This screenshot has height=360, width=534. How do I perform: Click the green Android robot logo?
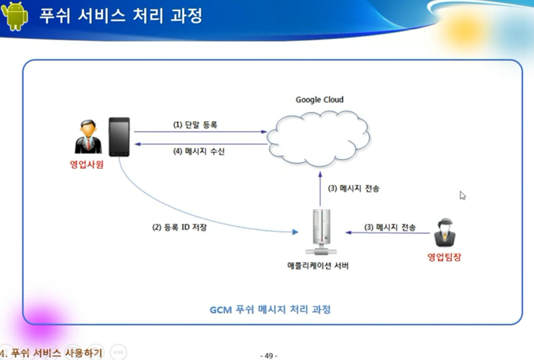(x=14, y=16)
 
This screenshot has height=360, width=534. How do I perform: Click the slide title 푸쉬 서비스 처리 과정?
(x=120, y=15)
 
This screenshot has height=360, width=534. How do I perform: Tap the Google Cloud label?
(x=320, y=100)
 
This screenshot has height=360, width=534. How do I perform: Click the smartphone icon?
(x=119, y=137)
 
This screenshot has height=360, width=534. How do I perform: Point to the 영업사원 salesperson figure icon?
(x=88, y=138)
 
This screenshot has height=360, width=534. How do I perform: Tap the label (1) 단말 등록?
(x=195, y=124)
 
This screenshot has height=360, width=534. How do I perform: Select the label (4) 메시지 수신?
(x=199, y=151)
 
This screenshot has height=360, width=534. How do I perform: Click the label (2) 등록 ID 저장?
(x=179, y=228)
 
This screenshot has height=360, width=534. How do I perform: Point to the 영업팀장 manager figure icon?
(x=445, y=233)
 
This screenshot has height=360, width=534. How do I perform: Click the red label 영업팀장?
(x=444, y=257)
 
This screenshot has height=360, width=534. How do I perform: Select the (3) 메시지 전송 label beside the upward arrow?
(x=354, y=189)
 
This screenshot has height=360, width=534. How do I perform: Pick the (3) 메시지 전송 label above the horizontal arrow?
(x=390, y=227)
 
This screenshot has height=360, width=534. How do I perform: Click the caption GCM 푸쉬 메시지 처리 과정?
(x=270, y=310)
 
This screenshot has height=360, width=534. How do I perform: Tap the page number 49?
(x=269, y=356)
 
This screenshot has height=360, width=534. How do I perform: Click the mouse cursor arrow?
(x=463, y=195)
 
